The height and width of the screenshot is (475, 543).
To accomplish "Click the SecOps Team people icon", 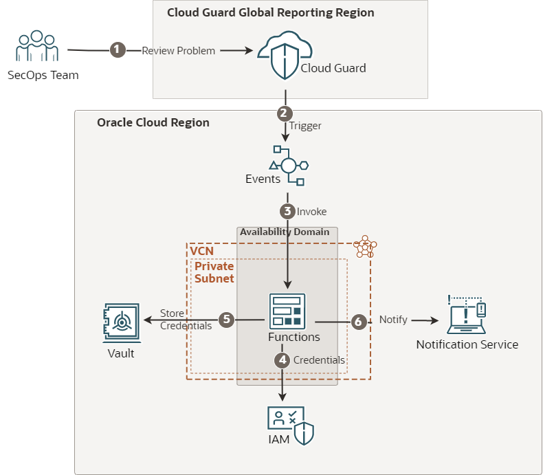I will pos(37,45).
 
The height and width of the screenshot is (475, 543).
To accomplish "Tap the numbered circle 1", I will pos(118,49).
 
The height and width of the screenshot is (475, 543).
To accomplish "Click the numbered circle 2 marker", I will pos(285,113).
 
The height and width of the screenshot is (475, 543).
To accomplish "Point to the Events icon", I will pos(288,165).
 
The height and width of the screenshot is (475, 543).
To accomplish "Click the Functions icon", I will pos(287,311).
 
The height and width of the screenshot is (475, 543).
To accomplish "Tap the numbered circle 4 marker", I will pos(282,360).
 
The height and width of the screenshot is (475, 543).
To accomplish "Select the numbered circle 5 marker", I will pos(227,320).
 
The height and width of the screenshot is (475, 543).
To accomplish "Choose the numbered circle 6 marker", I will pos(357,321).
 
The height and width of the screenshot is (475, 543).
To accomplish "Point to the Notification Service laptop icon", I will pos(467,316).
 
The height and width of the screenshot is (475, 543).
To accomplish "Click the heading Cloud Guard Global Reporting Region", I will pos(271,13).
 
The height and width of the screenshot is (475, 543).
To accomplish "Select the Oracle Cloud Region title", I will pos(153,122).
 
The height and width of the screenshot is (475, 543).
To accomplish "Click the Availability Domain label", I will pos(285,232).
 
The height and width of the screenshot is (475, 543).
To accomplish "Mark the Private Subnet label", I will pos(214,272).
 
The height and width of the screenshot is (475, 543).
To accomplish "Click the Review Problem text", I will pos(179,51).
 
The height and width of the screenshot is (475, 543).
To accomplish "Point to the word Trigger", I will pos(305,126).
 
